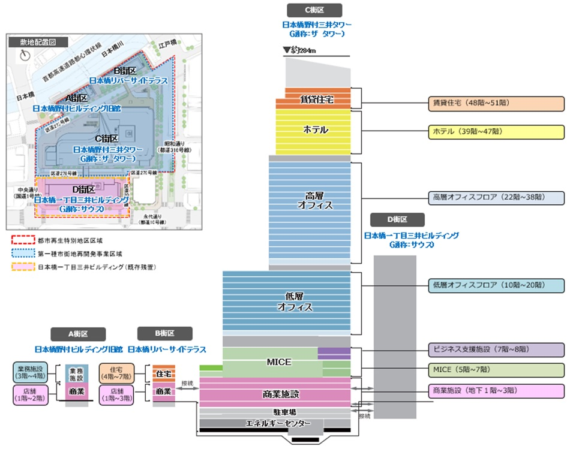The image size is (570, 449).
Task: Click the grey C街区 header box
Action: (x=314, y=10)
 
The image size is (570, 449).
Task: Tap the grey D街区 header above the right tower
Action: (x=397, y=219)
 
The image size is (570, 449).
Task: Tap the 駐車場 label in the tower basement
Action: (x=277, y=412)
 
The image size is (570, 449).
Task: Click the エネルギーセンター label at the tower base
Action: (x=278, y=423)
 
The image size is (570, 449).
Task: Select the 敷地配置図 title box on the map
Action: (x=37, y=42)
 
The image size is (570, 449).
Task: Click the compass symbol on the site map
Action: (x=25, y=55)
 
